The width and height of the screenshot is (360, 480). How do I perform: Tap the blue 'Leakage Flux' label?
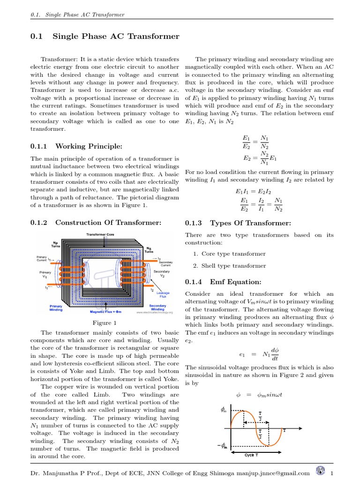tap(163, 294)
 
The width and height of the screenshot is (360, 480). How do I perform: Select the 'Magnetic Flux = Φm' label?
tap(105, 311)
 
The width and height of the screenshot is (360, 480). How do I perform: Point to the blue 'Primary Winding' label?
tap(56, 307)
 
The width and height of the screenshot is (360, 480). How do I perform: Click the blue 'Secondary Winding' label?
tap(157, 307)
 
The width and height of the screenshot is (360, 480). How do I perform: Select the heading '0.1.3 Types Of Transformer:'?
tap(238, 223)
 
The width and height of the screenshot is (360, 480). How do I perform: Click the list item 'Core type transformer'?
tap(233, 254)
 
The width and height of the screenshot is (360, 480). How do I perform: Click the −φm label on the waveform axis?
tap(222, 446)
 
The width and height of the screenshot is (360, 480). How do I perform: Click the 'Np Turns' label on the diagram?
tap(56, 244)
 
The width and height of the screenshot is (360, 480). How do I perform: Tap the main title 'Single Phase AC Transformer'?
tap(116, 36)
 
